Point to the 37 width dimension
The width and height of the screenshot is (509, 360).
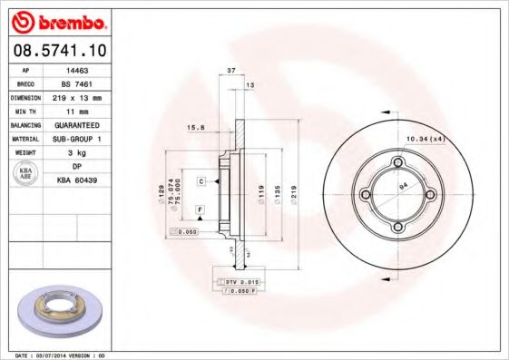pos(230,70)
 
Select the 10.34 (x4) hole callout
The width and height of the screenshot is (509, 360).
pos(424,139)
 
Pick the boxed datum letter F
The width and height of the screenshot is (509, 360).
pos(197,210)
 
